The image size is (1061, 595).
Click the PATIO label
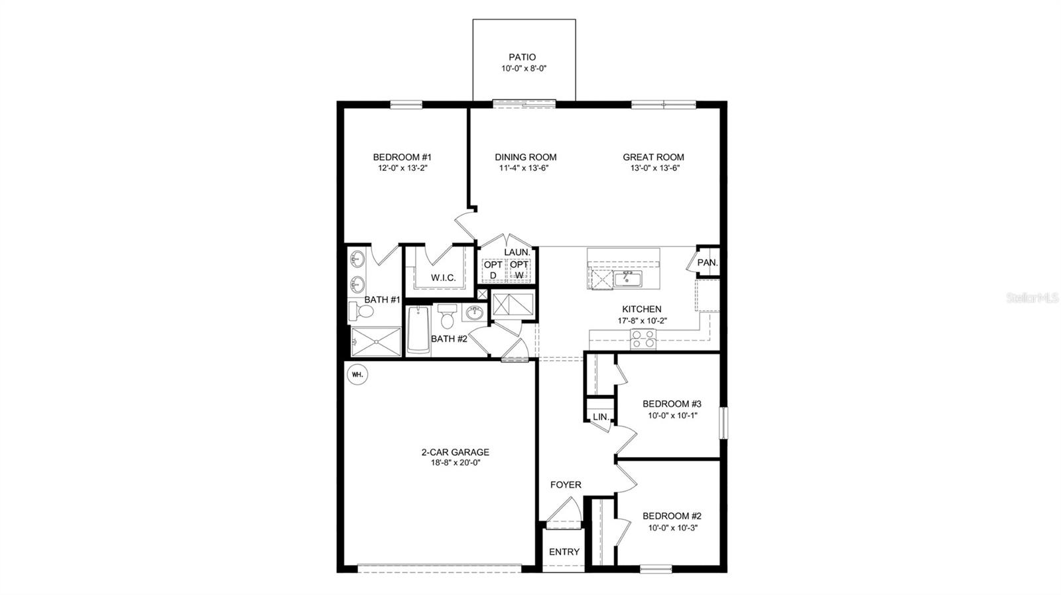point(522,57)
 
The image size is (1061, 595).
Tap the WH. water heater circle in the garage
point(357,374)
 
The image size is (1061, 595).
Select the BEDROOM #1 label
point(402,157)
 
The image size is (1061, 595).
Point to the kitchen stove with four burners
point(643,339)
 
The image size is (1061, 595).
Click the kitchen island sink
point(627,278)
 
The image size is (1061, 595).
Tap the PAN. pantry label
point(707,262)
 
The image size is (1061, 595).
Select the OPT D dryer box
point(493,270)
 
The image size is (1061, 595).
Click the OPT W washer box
point(519,270)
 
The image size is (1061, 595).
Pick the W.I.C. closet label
point(443,278)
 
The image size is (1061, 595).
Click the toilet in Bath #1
point(361,310)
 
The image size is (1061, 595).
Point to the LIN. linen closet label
point(600,417)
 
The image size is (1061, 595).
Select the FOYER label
point(566,485)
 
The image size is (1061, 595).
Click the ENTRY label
point(564,552)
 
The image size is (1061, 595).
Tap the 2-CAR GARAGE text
point(455,453)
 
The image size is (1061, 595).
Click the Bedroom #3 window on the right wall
point(725,423)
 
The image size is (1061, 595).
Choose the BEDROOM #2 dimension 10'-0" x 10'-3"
point(672,527)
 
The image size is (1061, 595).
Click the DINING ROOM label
point(525,157)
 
